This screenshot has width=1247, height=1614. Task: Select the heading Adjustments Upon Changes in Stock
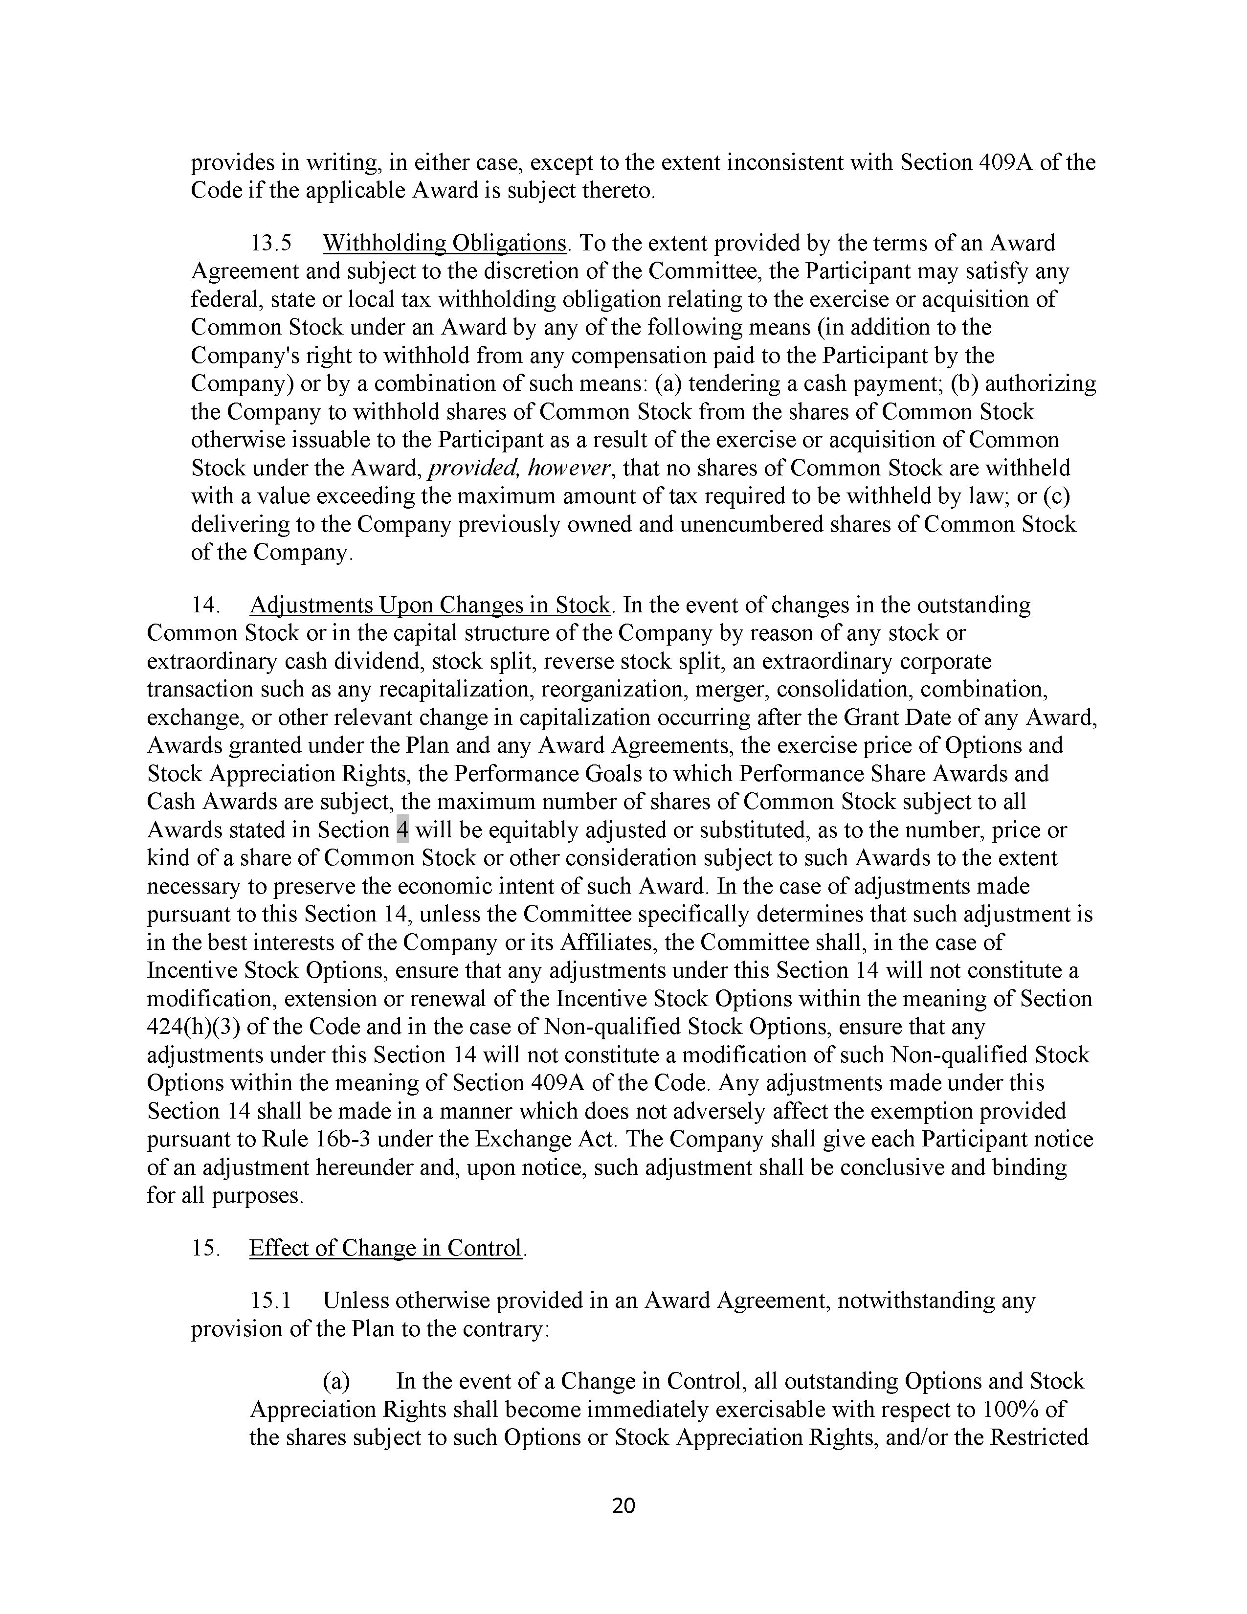(430, 605)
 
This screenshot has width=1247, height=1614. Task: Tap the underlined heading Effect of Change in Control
(386, 1248)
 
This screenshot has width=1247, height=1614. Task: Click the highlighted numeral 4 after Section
(402, 830)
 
